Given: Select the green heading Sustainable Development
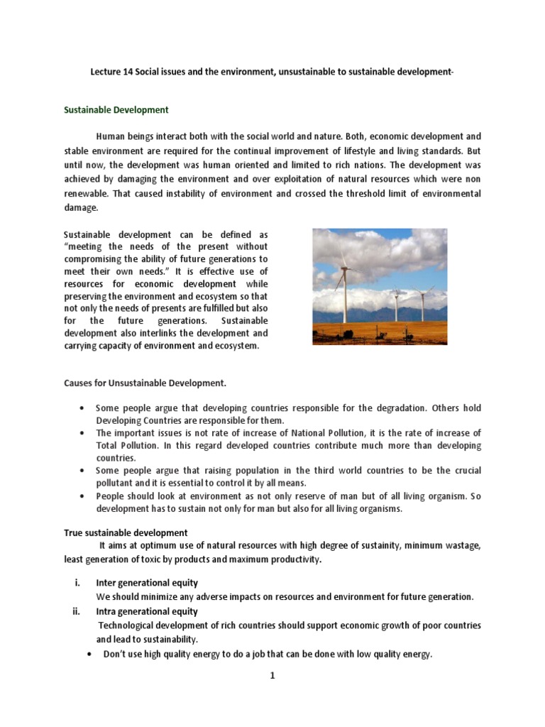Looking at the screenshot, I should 116,110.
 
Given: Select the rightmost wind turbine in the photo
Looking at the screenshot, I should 424,302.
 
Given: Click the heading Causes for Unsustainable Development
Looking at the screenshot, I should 145,383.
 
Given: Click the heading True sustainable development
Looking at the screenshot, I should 126,532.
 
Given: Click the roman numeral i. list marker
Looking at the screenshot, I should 77,583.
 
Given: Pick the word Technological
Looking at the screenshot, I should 129,625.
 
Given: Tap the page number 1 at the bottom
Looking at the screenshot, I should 272,677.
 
